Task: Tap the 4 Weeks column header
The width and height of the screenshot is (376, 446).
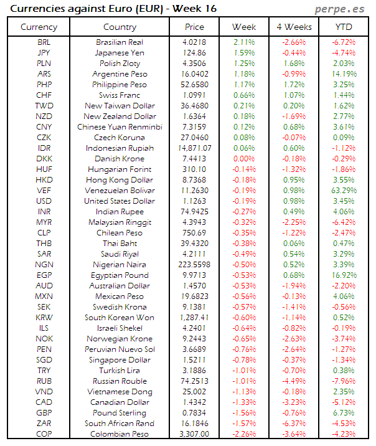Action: click(294, 27)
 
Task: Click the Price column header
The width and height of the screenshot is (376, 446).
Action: click(194, 27)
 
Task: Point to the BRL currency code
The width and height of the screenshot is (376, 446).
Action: click(44, 42)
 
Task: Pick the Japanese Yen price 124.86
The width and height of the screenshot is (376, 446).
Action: click(194, 53)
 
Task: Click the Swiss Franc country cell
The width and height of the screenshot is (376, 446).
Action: click(120, 95)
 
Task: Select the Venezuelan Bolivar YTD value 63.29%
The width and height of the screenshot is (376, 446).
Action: click(344, 191)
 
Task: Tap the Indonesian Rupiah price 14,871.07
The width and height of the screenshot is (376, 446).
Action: click(194, 148)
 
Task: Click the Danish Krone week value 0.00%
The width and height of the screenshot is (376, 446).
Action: click(243, 159)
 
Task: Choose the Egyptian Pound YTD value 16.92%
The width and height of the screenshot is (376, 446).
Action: click(344, 275)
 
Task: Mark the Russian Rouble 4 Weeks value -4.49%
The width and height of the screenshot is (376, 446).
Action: click(294, 381)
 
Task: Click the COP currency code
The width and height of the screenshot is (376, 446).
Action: click(44, 434)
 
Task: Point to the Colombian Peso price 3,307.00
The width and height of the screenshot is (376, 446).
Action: click(194, 434)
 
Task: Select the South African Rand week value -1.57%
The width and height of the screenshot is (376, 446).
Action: click(243, 424)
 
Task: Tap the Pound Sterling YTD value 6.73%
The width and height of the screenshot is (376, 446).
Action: click(344, 413)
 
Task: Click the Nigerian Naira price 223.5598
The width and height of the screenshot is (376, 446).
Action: click(194, 265)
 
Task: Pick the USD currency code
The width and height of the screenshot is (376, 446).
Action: click(44, 201)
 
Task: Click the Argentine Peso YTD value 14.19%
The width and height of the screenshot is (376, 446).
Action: click(344, 74)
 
